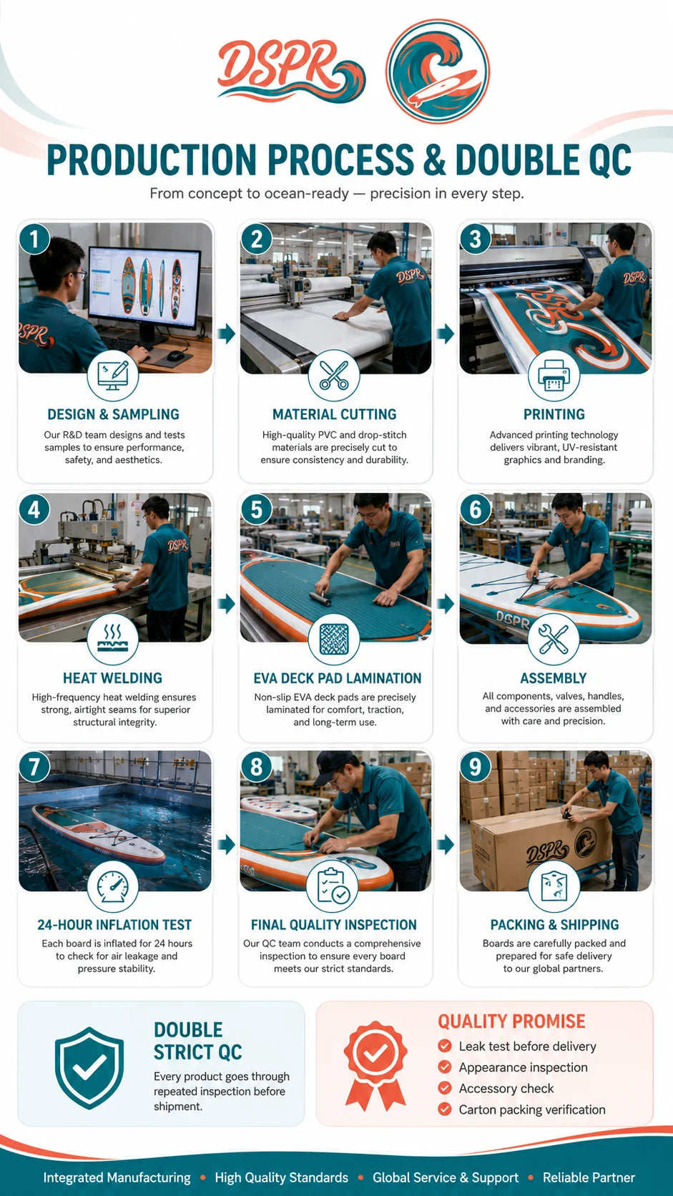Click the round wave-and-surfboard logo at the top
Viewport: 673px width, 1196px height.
pos(438,72)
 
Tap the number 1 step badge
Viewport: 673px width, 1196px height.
pos(34,239)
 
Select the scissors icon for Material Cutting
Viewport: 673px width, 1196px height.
pos(334,376)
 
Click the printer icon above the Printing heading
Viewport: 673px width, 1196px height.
pos(554,376)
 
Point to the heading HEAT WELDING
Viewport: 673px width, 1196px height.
pos(112,678)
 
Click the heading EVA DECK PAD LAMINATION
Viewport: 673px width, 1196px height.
pos(338,678)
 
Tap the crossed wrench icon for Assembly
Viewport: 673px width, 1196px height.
pos(554,639)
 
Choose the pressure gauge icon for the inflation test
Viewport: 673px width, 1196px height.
pos(112,887)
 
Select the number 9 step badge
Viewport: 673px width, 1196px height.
pos(475,768)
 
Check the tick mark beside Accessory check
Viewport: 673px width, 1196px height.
pos(445,1088)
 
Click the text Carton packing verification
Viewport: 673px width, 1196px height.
pos(532,1109)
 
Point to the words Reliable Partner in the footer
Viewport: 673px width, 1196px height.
pos(589,1177)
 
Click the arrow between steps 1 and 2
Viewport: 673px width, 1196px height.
pos(226,334)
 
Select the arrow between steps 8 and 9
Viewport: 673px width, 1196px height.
pos(446,845)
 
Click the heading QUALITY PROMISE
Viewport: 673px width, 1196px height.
pos(511,1021)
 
